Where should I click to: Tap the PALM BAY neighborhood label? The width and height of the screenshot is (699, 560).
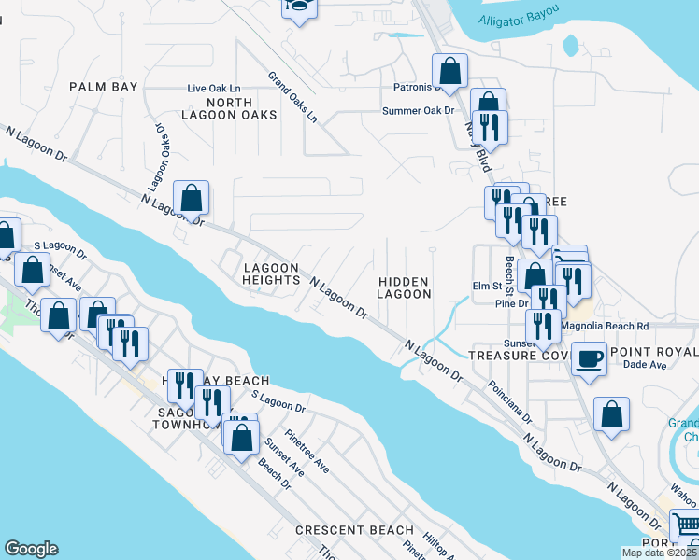pos(104,87)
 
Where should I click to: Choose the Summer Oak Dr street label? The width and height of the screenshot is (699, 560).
pos(418,111)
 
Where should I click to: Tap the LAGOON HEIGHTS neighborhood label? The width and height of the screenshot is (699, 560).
pos(271,274)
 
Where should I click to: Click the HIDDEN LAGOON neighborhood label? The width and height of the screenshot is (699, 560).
pos(404,287)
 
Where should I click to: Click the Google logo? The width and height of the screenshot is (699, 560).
pos(31,549)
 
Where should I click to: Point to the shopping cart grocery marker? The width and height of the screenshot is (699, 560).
pos(685,525)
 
